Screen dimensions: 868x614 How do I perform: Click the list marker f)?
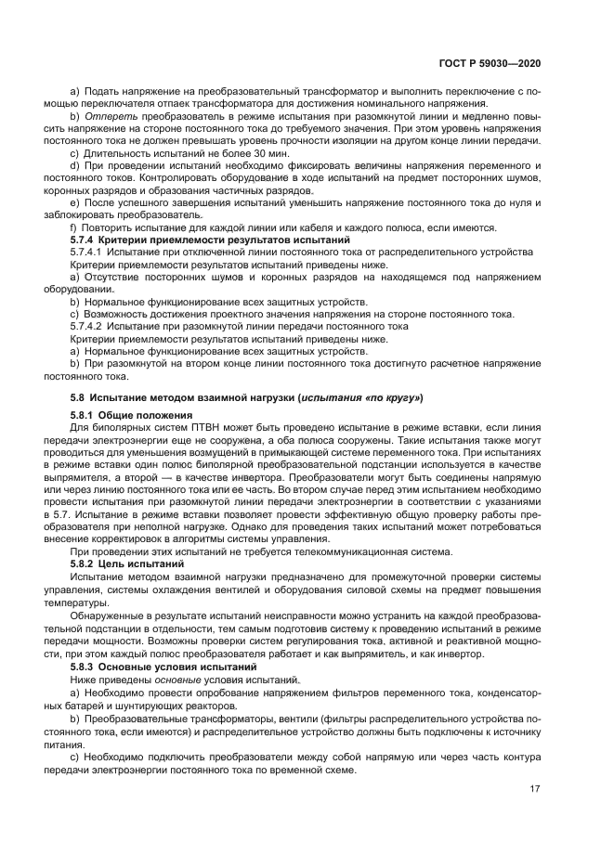click(74, 228)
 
